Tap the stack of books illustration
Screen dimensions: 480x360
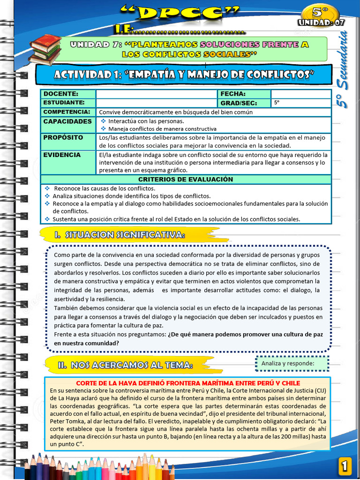pyautogui.click(x=45, y=49)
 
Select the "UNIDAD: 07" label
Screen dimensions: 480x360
pyautogui.click(x=321, y=22)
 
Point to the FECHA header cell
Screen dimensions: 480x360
pyautogui.click(x=233, y=94)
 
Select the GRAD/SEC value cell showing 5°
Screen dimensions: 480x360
pyautogui.click(x=300, y=103)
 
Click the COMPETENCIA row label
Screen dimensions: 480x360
pyautogui.click(x=67, y=112)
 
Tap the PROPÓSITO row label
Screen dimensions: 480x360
pyautogui.click(x=63, y=138)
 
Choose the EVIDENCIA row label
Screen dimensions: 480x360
pyautogui.click(x=62, y=155)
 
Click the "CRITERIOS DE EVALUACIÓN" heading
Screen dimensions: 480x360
pyautogui.click(x=186, y=180)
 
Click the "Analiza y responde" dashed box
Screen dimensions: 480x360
pyautogui.click(x=292, y=363)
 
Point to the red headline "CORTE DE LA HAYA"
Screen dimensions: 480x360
pyautogui.click(x=187, y=383)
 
